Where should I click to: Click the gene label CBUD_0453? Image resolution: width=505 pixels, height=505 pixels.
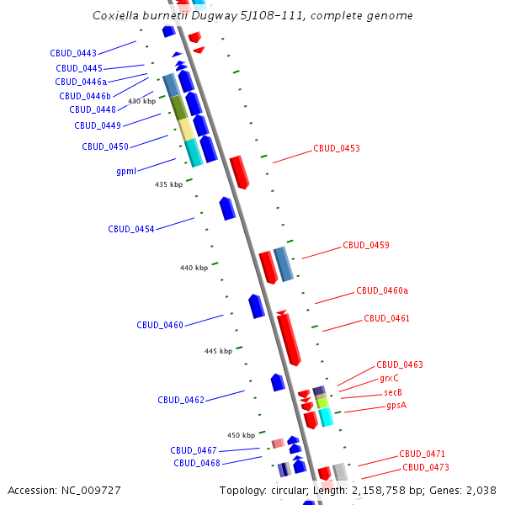[337, 148]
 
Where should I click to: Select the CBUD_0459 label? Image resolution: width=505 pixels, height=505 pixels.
[365, 246]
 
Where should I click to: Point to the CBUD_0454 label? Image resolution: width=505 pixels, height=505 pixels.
[130, 229]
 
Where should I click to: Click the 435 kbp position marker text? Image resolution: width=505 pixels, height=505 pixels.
[168, 184]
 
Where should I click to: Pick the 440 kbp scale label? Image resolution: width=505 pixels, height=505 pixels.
[194, 268]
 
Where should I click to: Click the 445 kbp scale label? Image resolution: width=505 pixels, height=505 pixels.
[218, 351]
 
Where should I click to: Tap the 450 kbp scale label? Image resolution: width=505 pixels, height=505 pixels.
[241, 435]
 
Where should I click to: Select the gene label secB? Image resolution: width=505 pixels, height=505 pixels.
[393, 392]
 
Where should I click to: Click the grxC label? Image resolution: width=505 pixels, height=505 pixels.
[389, 379]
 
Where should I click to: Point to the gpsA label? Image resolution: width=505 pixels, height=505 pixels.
[396, 406]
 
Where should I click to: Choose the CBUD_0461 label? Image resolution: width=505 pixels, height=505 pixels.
[387, 319]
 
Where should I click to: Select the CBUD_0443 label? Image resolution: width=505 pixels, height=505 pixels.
[73, 53]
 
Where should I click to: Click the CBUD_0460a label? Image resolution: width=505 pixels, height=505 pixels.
[382, 291]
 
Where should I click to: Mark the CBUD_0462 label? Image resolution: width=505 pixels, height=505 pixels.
[181, 400]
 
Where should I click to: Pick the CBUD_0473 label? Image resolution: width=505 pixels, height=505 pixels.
[425, 467]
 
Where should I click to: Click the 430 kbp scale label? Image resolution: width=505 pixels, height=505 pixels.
[142, 101]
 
